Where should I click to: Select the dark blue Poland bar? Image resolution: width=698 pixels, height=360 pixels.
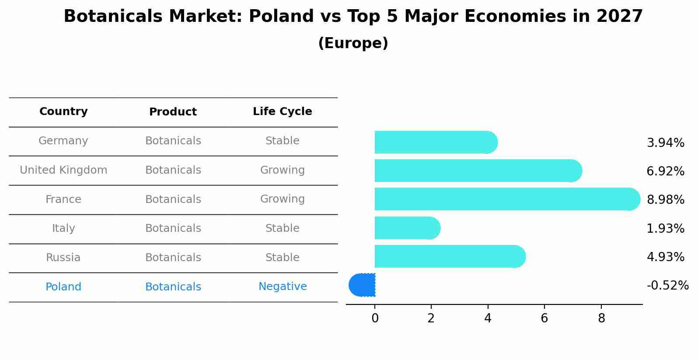[363, 285]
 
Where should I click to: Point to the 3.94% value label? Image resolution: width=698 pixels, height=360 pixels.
[665, 143]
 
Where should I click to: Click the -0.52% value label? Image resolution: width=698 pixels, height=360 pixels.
[667, 286]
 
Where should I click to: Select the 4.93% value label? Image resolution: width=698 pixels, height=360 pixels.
[665, 257]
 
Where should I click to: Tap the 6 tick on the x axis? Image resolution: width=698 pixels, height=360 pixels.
[544, 318]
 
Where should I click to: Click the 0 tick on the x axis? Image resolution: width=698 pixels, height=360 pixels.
[375, 318]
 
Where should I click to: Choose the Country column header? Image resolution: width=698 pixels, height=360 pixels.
[63, 112]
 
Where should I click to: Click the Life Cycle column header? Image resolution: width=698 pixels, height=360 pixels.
[283, 112]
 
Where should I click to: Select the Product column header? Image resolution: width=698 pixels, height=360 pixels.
[173, 112]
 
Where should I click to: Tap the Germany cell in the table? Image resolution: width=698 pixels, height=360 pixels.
[63, 141]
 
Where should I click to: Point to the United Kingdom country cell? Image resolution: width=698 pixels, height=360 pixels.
[63, 170]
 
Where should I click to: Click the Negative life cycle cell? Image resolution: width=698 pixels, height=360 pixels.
[283, 287]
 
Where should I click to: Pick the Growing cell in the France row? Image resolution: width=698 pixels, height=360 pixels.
[283, 199]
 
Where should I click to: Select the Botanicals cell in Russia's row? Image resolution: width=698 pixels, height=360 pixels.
[173, 258]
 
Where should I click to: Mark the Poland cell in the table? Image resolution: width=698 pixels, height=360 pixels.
[63, 287]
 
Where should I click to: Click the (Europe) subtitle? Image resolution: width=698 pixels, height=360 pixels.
[353, 43]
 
